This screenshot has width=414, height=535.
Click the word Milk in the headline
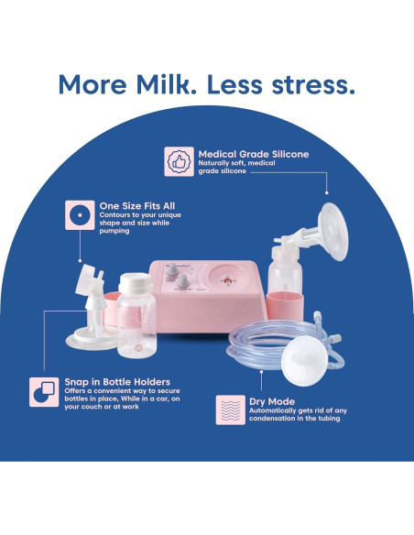164,83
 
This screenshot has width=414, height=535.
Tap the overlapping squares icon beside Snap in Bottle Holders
44,389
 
